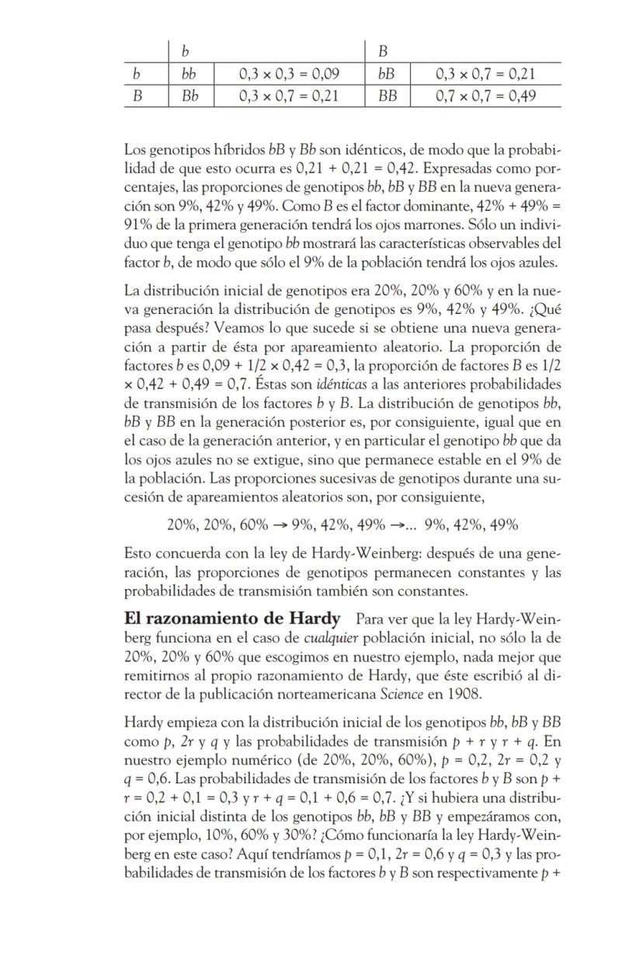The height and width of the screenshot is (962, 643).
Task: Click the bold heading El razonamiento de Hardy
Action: pos(232,619)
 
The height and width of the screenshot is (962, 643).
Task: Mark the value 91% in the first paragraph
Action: pos(137,226)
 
